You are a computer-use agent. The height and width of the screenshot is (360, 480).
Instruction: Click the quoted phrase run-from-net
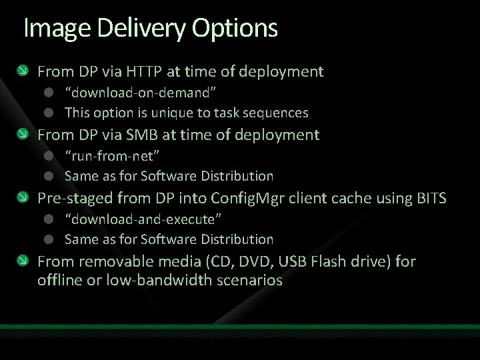click(x=112, y=155)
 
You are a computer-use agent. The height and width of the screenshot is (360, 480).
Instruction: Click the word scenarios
click(x=250, y=280)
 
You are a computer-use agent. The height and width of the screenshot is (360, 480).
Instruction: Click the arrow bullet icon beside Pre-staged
click(x=23, y=198)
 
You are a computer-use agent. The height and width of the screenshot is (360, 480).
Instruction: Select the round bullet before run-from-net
click(x=49, y=156)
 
